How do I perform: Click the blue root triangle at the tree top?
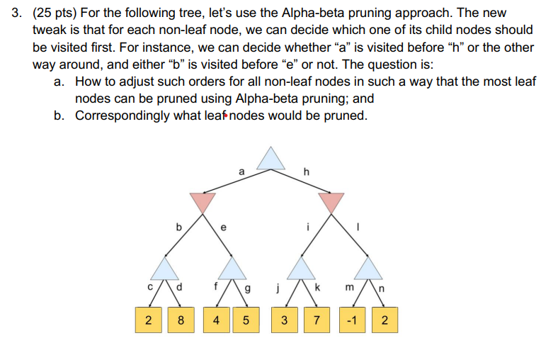coord(271,159)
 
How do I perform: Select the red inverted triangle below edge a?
coord(203,202)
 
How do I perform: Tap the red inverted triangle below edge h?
coord(329,202)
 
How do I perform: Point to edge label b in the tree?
coord(178,227)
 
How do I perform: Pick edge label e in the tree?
coord(223,227)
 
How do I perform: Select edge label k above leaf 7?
coord(320,287)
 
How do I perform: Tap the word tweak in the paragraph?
coord(50,31)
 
